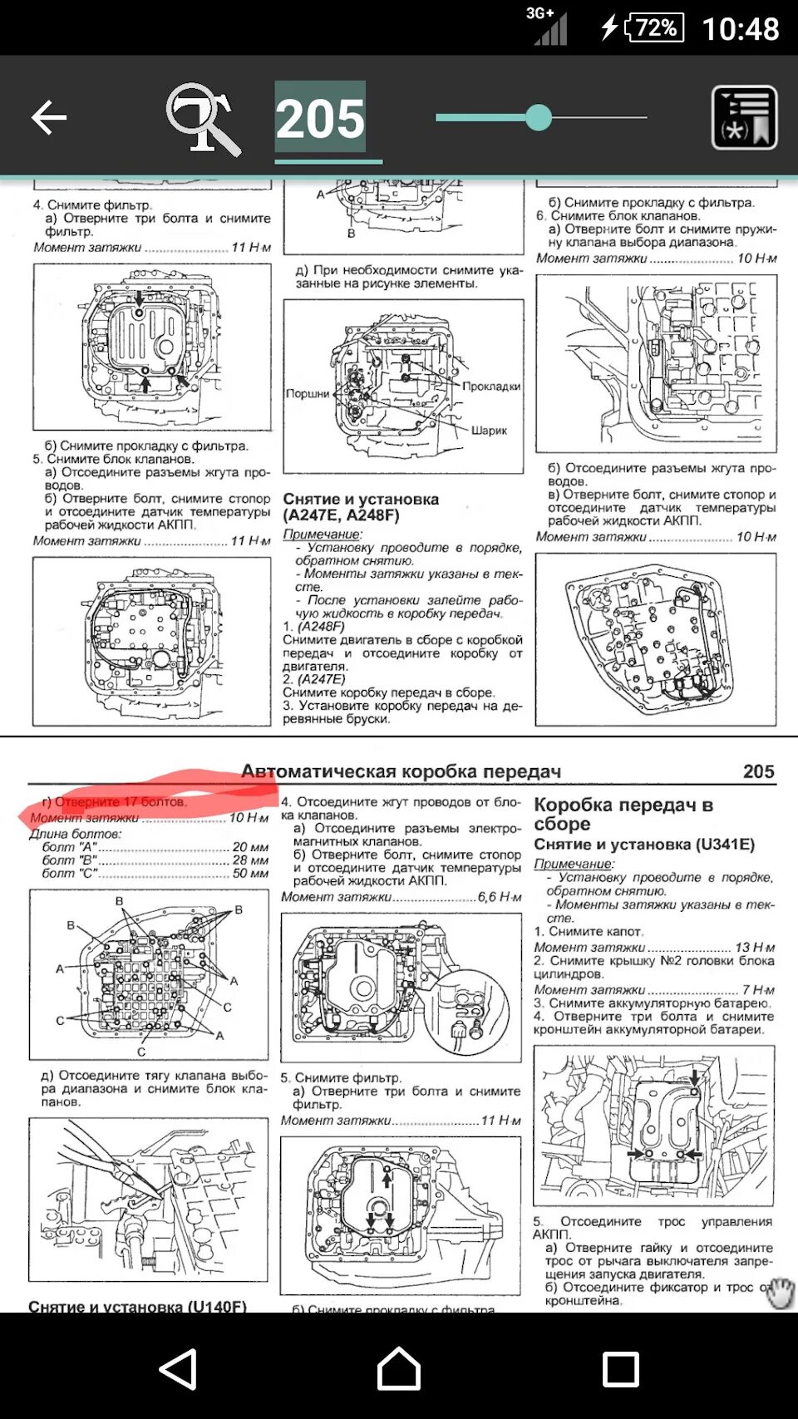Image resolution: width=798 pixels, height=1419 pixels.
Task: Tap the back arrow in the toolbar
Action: coord(48,117)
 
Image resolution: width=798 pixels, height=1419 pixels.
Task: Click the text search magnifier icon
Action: coord(203,119)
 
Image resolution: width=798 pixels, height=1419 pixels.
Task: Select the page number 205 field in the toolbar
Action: coord(320,118)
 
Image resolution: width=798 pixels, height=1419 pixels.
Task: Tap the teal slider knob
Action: coord(539,117)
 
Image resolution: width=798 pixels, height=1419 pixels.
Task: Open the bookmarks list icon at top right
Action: coord(744,118)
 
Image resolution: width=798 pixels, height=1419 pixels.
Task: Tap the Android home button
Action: coord(399,1368)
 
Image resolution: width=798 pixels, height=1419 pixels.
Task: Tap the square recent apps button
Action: coord(620,1368)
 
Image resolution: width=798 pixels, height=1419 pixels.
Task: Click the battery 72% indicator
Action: coord(655,27)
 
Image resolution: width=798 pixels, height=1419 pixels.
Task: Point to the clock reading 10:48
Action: coord(740,29)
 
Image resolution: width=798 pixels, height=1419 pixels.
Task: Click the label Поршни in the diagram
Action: coord(308,393)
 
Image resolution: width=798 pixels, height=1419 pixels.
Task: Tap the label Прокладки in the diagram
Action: coord(491,386)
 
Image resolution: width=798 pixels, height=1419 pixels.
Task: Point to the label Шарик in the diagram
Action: coord(489,431)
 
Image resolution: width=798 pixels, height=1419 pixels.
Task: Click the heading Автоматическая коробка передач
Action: coord(401,771)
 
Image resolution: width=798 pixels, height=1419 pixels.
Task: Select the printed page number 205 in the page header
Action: coord(758,771)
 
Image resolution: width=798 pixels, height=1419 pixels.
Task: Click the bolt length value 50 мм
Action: coord(250,873)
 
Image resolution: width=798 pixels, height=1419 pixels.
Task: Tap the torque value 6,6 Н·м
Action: coord(500,897)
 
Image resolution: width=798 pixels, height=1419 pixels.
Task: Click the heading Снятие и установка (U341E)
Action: coord(644,845)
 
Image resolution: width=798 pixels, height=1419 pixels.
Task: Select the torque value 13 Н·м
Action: coord(755,947)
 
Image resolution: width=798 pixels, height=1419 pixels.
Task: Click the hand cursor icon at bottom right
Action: coord(779,1293)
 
